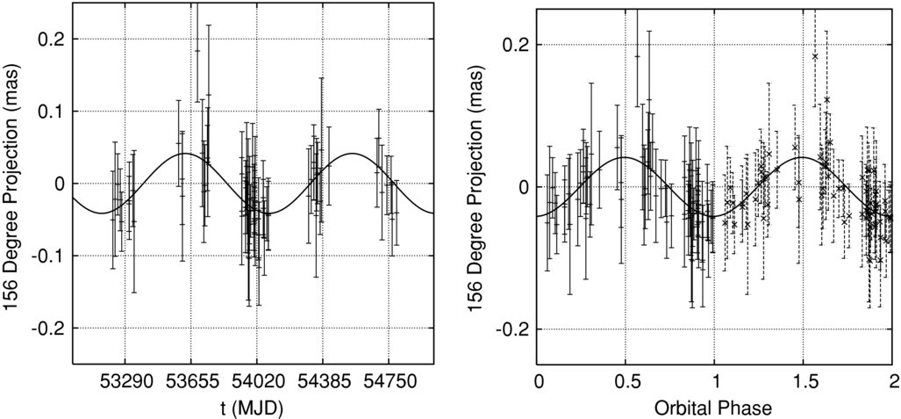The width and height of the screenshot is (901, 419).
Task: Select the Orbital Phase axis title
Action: pos(714,408)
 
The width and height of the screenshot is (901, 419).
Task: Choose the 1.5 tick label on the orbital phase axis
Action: pos(804,381)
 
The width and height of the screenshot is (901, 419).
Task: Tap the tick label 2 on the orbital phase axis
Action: pos(892,381)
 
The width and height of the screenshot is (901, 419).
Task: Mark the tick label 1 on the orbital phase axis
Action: pos(714,381)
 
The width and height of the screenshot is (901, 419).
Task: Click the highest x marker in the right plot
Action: pos(815,56)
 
